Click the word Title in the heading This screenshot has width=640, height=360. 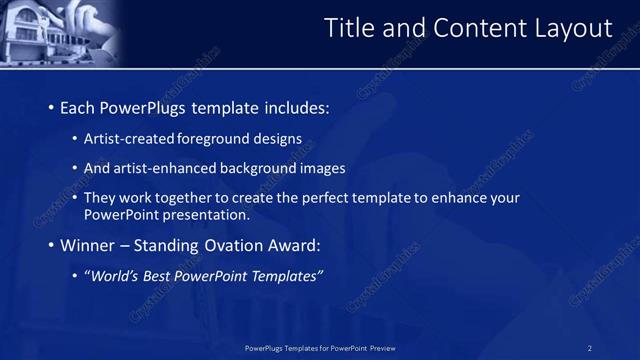coord(350,29)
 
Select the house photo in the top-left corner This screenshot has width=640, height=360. coord(60,32)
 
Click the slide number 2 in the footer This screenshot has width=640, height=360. coord(590,348)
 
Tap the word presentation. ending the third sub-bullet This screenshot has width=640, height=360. coord(206,214)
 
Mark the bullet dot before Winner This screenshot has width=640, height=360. coord(51,245)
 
